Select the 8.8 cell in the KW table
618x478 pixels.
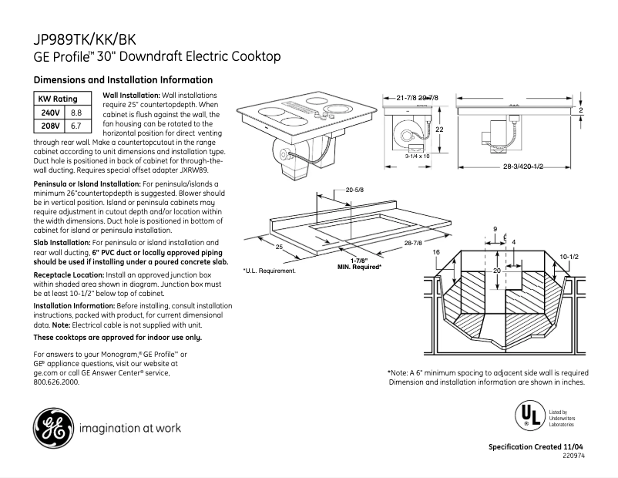(76, 113)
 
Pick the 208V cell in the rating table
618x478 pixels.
(50, 124)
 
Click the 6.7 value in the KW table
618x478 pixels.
(76, 124)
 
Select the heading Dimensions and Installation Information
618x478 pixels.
(123, 80)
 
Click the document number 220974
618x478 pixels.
(572, 456)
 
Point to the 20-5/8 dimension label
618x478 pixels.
(354, 189)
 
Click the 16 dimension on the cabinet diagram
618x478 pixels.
(436, 252)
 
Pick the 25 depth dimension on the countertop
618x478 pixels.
(279, 247)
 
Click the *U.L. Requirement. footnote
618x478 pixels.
(269, 271)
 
